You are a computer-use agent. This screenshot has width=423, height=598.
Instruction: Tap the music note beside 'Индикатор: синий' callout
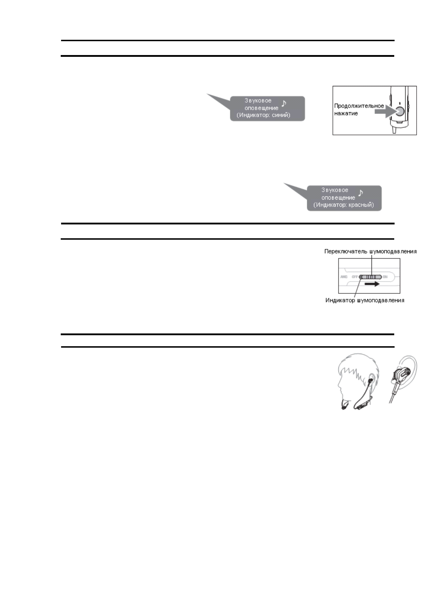[284, 103]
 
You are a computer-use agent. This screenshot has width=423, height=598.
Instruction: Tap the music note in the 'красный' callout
[361, 193]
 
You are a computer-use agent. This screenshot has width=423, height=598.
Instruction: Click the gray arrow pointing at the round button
[386, 110]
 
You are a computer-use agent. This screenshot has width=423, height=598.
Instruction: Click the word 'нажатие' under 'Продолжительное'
[346, 114]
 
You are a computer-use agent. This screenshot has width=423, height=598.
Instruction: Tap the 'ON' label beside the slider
[385, 277]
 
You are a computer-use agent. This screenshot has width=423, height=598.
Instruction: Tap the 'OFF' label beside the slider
[354, 277]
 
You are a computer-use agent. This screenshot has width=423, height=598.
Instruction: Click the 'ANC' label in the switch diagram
[344, 277]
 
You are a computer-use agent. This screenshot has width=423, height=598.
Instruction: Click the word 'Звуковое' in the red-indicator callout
[335, 190]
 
